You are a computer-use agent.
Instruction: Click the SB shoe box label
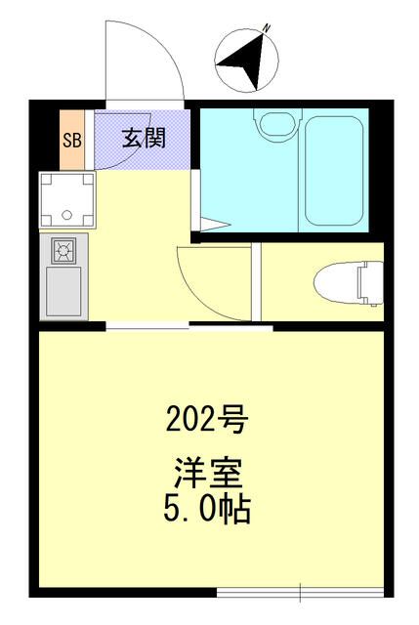pyautogui.click(x=72, y=138)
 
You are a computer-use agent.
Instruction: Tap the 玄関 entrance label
pyautogui.click(x=143, y=138)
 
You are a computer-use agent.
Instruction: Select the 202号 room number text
pyautogui.click(x=206, y=421)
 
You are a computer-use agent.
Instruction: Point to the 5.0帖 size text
pyautogui.click(x=206, y=508)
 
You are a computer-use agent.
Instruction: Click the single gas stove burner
pyautogui.click(x=64, y=250)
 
